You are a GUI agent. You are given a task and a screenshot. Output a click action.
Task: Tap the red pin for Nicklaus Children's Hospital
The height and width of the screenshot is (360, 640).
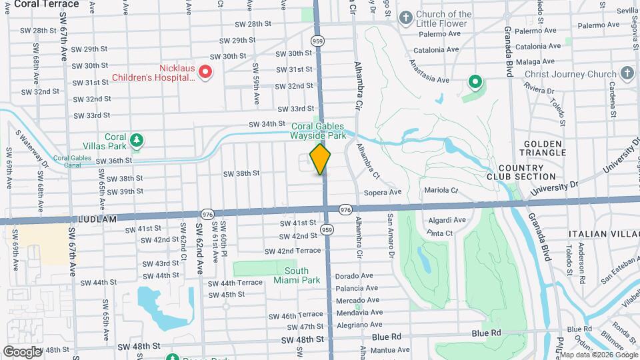pyautogui.click(x=206, y=71)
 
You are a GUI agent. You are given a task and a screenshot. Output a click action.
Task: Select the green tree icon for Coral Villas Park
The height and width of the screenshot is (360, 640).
pyautogui.click(x=137, y=139)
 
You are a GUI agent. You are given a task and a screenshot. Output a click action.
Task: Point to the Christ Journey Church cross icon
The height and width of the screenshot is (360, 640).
pyautogui.click(x=626, y=74)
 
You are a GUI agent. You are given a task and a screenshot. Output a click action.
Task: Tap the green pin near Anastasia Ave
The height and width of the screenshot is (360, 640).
pyautogui.click(x=475, y=83)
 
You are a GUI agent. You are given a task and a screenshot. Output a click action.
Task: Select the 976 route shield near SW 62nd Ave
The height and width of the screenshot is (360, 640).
pyautogui.click(x=207, y=214)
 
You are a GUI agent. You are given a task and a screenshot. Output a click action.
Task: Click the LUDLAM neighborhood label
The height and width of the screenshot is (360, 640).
pyautogui.click(x=97, y=219)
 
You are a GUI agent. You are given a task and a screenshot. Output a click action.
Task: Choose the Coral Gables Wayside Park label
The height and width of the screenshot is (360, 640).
pyautogui.click(x=319, y=130)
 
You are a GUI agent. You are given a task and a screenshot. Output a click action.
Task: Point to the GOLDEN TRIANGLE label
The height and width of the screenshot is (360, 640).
pyautogui.click(x=545, y=148)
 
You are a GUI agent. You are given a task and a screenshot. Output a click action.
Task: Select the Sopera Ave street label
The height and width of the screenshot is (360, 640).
pyautogui.click(x=383, y=192)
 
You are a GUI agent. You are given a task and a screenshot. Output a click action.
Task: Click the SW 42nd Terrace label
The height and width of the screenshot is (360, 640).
pyautogui.click(x=293, y=251)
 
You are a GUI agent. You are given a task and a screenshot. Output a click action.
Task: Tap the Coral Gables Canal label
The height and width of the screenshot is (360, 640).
pyautogui.click(x=73, y=161)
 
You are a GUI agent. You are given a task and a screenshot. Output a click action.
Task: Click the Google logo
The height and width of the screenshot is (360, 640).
pyautogui.click(x=22, y=351)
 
